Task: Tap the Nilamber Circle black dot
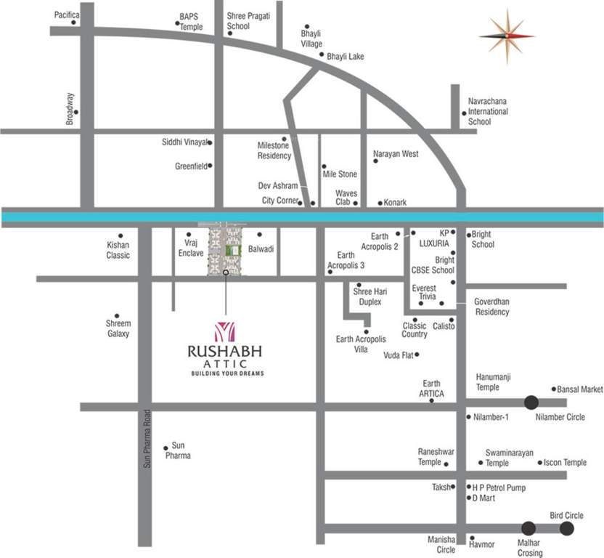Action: pos(531,402)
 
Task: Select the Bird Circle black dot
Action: pos(566,528)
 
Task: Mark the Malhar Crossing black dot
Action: pos(528,528)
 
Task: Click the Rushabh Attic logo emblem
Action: pos(226,331)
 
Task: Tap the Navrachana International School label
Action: pos(488,112)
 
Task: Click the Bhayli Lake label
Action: pos(345,56)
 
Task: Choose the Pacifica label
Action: pos(67,15)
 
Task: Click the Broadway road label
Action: pos(70,109)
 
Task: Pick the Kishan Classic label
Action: pos(118,251)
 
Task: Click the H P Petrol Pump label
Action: pos(499,488)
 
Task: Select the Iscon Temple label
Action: pos(565,462)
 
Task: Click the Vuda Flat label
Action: pos(398,355)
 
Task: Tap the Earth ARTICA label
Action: pos(431,389)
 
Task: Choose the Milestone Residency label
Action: pos(274,150)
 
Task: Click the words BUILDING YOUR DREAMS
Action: pos(227,373)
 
